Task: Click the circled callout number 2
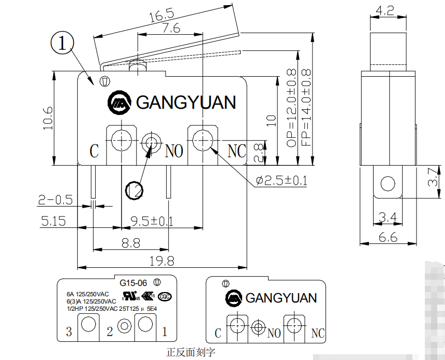pos(135,190)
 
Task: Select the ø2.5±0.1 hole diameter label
pos(281,181)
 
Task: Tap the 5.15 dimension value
pos(53,221)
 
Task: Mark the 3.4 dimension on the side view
pos(388,218)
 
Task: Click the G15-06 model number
pos(133,283)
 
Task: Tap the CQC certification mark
pos(165,296)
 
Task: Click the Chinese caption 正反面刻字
pos(190,352)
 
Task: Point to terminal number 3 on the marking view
pos(69,332)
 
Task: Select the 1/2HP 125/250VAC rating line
pos(111,308)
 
